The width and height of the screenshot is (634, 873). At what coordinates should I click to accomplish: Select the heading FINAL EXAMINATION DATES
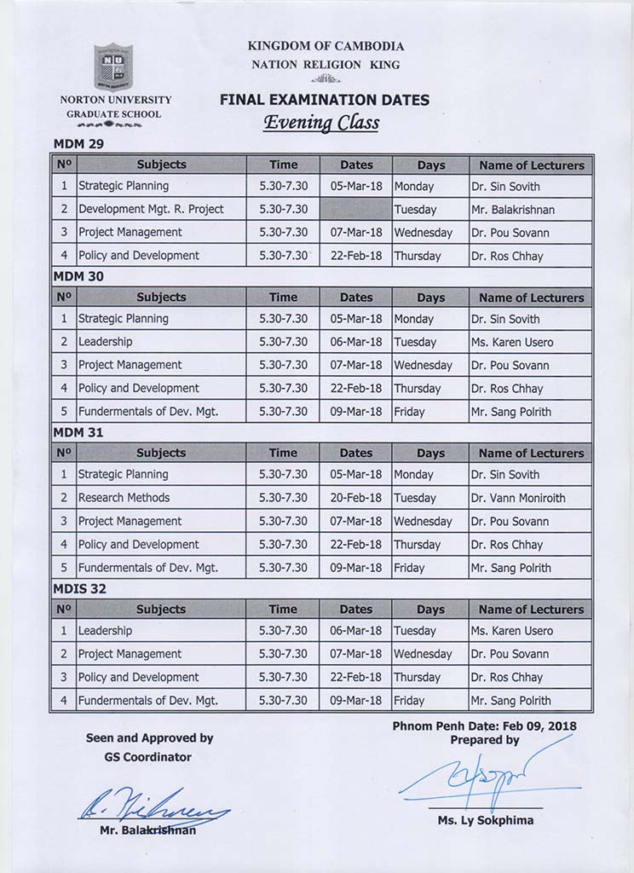click(x=324, y=100)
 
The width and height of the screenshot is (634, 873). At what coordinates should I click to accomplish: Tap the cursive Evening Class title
click(x=320, y=123)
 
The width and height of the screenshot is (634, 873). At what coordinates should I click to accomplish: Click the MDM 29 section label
click(x=78, y=144)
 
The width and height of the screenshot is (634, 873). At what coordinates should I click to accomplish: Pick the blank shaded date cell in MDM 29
click(x=355, y=209)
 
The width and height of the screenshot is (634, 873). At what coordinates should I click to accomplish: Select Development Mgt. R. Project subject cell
click(x=151, y=209)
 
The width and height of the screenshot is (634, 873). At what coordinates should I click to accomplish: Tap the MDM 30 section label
click(x=78, y=276)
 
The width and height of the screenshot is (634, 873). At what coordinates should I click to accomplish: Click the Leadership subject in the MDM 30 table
click(x=105, y=342)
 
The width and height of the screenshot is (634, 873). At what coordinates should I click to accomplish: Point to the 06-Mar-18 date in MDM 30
click(x=355, y=342)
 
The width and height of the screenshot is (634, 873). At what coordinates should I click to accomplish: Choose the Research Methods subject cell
click(x=124, y=498)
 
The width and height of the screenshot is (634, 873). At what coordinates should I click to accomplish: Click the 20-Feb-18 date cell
click(x=355, y=498)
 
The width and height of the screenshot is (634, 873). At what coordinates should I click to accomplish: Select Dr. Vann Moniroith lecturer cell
click(x=517, y=498)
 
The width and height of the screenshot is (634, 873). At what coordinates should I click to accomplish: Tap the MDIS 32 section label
click(x=81, y=588)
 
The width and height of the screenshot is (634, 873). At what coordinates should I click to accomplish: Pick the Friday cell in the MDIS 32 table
click(x=409, y=701)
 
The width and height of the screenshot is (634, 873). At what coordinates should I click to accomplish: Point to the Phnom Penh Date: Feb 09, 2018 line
click(x=485, y=726)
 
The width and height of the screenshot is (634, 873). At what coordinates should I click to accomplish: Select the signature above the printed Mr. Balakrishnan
click(x=153, y=804)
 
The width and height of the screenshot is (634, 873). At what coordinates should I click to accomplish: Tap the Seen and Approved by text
click(x=149, y=738)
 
